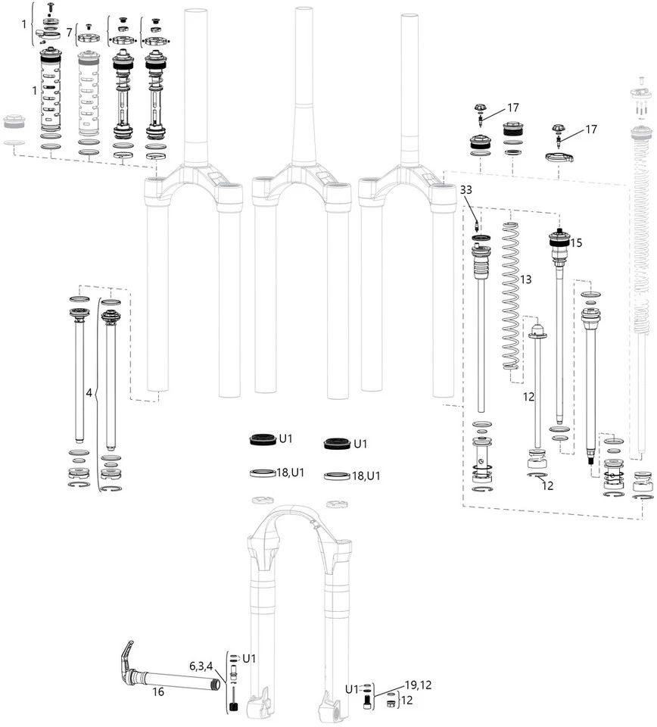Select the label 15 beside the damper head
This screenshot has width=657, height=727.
point(577,243)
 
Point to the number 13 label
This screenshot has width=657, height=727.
point(525,279)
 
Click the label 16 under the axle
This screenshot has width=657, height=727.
point(158,691)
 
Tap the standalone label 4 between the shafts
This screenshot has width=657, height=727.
point(89,394)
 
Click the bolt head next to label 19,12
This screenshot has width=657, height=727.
point(368,701)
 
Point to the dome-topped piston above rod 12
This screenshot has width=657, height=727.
point(538,330)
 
